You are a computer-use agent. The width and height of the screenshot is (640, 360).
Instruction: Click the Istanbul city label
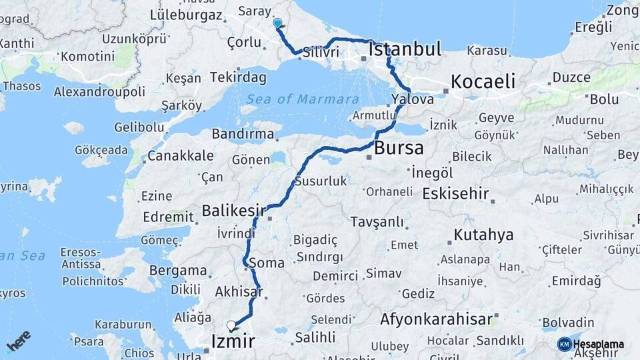coord(405,49)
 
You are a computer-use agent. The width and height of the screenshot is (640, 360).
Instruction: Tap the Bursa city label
coord(399,147)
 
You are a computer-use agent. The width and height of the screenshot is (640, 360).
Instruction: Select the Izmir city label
coord(233,342)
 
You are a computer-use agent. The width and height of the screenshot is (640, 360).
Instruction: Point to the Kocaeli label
coord(483,82)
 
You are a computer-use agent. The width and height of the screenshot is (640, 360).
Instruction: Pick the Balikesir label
coord(229,211)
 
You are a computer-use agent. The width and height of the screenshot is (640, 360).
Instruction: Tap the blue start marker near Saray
coord(277,23)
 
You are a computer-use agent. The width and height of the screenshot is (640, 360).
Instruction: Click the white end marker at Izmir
coord(231,325)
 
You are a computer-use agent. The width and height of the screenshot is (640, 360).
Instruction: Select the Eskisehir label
coord(455,194)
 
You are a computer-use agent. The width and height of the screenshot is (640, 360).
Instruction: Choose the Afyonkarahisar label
coord(437,319)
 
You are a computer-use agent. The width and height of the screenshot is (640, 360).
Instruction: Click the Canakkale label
coord(181,156)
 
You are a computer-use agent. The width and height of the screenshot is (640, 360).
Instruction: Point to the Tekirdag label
coord(238,77)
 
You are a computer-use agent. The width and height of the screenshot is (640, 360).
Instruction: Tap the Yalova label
coord(413,99)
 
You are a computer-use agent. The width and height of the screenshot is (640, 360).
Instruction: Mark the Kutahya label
coord(483,235)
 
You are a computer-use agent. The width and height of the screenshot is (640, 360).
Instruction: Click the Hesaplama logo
coord(591,344)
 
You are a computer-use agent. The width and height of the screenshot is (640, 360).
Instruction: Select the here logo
coord(19,341)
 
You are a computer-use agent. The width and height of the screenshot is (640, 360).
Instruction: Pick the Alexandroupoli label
coord(99,91)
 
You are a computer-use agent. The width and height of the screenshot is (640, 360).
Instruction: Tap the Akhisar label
coord(239,291)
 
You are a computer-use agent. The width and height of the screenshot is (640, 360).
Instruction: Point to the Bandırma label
coord(243,134)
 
